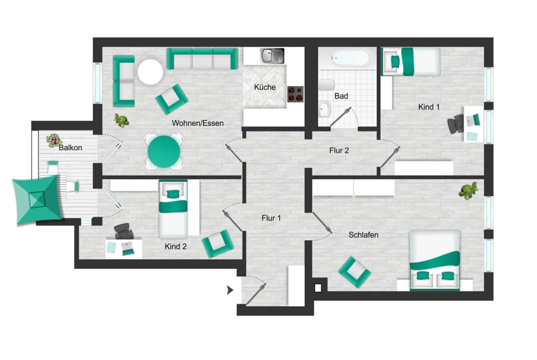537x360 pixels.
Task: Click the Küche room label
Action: tap(265, 87)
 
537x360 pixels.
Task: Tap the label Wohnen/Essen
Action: tap(198, 123)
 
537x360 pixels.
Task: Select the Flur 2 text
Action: tap(339, 150)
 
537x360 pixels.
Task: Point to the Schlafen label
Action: tap(364, 235)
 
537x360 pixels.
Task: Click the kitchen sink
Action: tap(272, 56)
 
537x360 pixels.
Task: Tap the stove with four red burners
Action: tap(295, 94)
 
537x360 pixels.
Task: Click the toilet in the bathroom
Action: tap(326, 85)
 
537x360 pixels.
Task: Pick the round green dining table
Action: tap(164, 152)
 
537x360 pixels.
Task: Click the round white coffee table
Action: tap(151, 72)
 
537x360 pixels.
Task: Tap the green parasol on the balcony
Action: tap(37, 199)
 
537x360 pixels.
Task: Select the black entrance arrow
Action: tap(230, 290)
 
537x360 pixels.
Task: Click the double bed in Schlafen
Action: tap(435, 260)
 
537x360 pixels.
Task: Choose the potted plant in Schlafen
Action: tap(468, 190)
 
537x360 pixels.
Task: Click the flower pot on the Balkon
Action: tap(54, 140)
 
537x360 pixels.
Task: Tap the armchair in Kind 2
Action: tap(218, 244)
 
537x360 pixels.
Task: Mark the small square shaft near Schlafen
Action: tap(318, 288)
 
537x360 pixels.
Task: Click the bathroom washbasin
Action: tap(324, 110)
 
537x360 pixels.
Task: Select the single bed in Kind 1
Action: tap(410, 61)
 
